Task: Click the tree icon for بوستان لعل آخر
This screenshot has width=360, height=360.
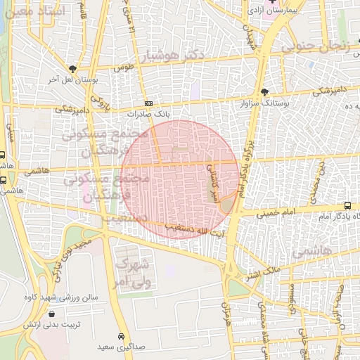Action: [72, 68]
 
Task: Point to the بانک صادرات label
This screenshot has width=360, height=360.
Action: [148, 113]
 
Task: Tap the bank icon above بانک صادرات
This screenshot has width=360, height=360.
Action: [148, 103]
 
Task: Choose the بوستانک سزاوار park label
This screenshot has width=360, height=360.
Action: [264, 103]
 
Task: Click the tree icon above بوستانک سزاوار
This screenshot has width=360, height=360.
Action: [264, 91]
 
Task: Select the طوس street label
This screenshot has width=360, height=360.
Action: [123, 68]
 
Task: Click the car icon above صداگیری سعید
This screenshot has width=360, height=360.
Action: [122, 336]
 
